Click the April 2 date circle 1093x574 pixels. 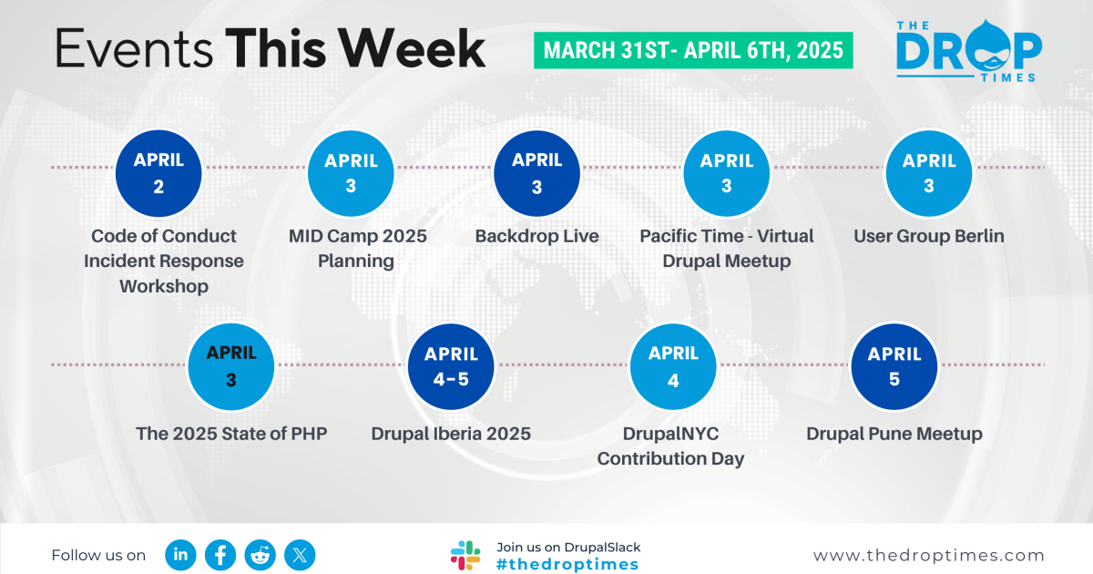(x=158, y=173)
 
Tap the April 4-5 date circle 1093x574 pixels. (x=446, y=367)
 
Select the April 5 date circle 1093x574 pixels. (x=894, y=367)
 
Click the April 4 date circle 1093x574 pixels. (x=673, y=367)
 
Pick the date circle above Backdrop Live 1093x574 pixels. (x=536, y=173)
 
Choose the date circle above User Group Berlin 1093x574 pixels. (x=928, y=173)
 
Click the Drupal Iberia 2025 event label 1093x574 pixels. (x=451, y=434)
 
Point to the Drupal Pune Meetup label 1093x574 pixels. (x=894, y=434)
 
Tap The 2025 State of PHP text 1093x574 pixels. (x=231, y=434)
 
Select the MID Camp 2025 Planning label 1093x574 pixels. (x=357, y=249)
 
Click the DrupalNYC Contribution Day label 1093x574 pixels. (x=671, y=446)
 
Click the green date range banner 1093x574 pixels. (x=693, y=50)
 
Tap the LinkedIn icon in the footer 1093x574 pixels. (x=180, y=554)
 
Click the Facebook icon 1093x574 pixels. (x=220, y=554)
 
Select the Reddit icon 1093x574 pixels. (x=260, y=554)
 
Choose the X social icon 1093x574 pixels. (x=300, y=554)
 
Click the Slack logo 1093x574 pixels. (x=465, y=555)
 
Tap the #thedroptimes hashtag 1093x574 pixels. (x=567, y=565)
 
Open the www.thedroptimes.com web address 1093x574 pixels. (x=929, y=556)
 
